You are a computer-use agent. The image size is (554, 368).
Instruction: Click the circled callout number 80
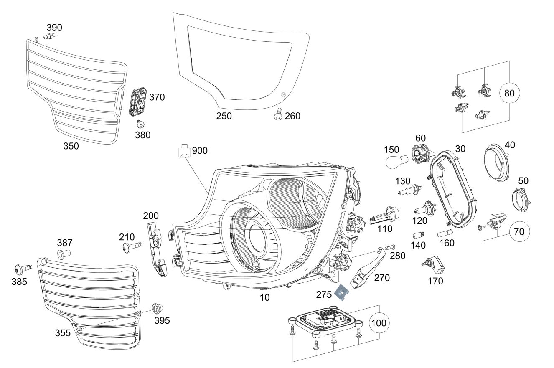(509, 94)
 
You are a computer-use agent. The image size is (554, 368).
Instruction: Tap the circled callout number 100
(379, 323)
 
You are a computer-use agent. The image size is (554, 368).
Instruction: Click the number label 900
(200, 150)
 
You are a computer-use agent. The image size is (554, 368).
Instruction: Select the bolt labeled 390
(51, 37)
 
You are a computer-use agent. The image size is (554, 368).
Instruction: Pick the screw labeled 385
(22, 267)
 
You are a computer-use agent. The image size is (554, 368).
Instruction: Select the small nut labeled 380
(140, 123)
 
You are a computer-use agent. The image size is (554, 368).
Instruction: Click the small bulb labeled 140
(419, 234)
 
